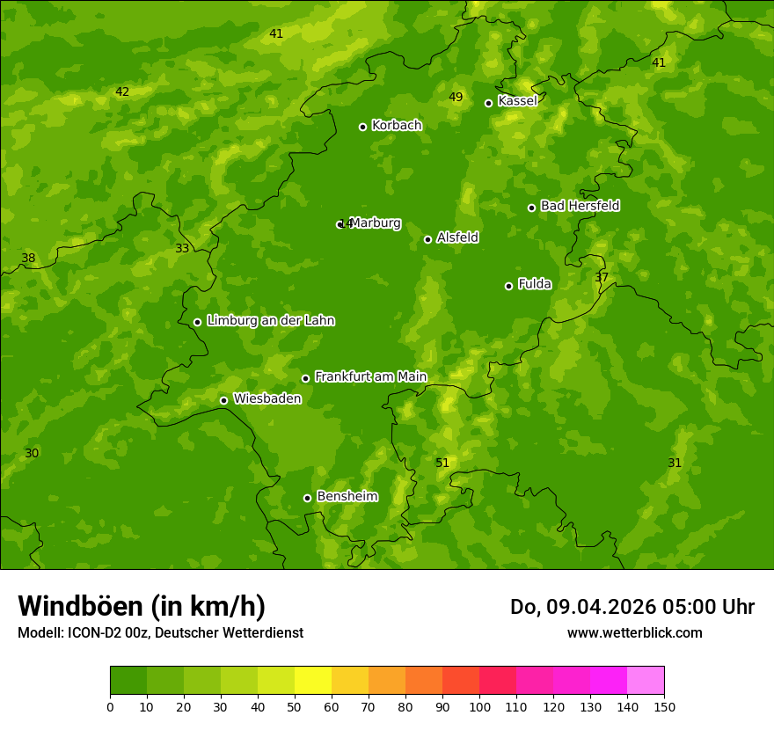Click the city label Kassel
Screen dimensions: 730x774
click(517, 101)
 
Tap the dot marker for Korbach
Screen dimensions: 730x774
click(362, 127)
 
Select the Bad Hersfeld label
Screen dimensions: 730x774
click(580, 206)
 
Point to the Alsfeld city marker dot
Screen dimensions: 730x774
click(427, 239)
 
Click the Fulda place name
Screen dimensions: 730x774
click(535, 284)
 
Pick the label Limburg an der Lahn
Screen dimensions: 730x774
click(270, 320)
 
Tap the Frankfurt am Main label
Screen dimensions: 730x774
click(370, 376)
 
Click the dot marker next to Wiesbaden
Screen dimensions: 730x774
click(223, 400)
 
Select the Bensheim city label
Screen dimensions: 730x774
click(347, 496)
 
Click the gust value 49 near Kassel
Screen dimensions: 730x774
click(456, 97)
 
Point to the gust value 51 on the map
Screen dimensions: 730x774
click(442, 463)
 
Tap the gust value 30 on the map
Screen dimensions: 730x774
click(32, 453)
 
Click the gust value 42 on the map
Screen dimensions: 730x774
click(122, 91)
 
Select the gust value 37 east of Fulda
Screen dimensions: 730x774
click(602, 277)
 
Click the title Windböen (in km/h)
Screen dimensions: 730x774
click(142, 606)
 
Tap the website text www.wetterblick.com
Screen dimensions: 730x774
click(634, 632)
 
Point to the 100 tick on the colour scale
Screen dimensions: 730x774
click(479, 706)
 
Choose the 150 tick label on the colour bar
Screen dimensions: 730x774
click(664, 706)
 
